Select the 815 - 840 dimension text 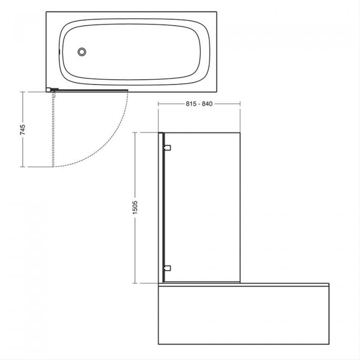(198, 103)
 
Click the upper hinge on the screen (167, 147)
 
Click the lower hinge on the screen (167, 268)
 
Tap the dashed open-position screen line (54, 130)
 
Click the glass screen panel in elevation (202, 207)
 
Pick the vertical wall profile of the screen (160, 207)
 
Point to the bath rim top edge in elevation (243, 284)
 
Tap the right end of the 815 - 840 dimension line (240, 103)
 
